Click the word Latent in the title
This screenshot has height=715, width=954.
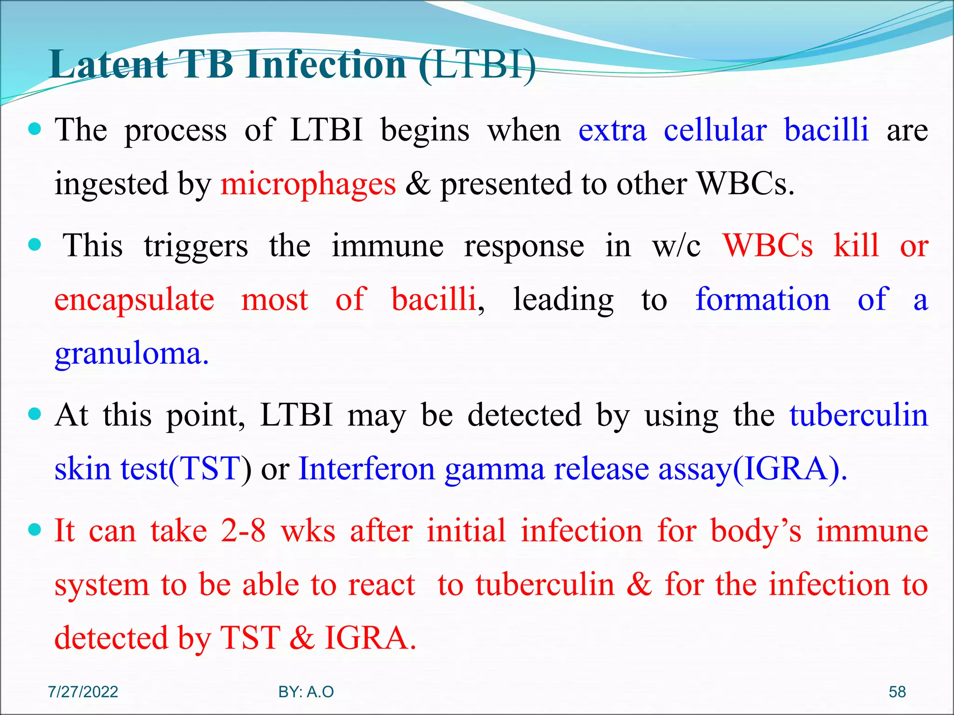108,65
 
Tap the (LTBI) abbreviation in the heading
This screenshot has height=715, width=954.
477,65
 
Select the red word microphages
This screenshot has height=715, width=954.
308,184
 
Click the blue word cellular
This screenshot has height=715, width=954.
715,130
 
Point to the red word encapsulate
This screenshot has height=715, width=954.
134,299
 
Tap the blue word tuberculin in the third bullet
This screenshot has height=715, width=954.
859,415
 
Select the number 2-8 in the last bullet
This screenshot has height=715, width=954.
243,531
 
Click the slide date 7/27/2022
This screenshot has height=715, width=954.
83,692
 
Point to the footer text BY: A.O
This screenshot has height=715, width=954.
306,692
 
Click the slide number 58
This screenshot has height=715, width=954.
897,692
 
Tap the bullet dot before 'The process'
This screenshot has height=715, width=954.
35,128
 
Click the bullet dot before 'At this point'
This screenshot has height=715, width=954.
35,413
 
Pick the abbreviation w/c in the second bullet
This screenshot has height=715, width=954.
676,246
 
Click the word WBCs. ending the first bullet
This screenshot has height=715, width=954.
745,184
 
